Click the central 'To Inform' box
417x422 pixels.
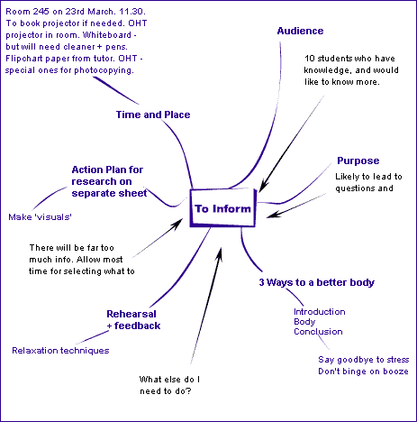tap(224, 209)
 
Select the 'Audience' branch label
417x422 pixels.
tap(300, 31)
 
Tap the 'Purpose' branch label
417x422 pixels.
tap(358, 161)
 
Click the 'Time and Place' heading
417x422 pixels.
tap(153, 115)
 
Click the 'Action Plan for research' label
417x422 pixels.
tap(108, 180)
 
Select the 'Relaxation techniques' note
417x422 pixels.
tap(60, 350)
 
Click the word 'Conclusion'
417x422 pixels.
tap(318, 332)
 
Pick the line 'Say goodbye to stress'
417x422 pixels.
tap(364, 360)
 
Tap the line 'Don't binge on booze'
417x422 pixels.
tap(364, 372)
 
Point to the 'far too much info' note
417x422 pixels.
tap(82, 259)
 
